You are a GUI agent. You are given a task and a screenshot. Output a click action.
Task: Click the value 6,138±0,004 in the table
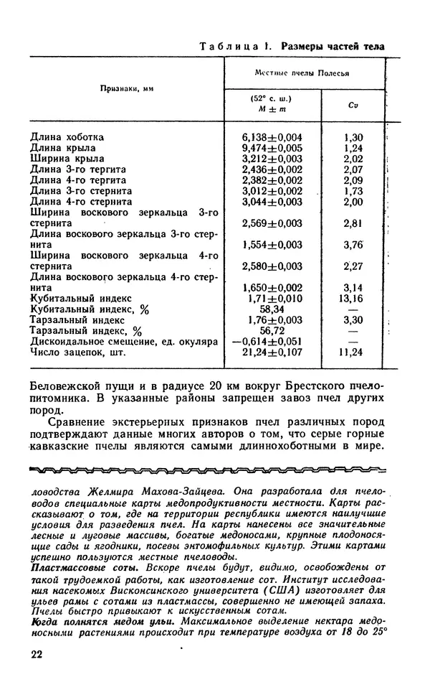click(x=272, y=136)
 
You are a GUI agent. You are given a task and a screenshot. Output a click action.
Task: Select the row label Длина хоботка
click(x=67, y=136)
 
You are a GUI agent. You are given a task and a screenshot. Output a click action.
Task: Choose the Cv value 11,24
click(x=353, y=352)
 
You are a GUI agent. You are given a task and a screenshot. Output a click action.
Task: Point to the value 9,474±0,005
click(x=272, y=147)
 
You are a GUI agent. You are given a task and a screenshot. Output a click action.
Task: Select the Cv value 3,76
click(x=353, y=244)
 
